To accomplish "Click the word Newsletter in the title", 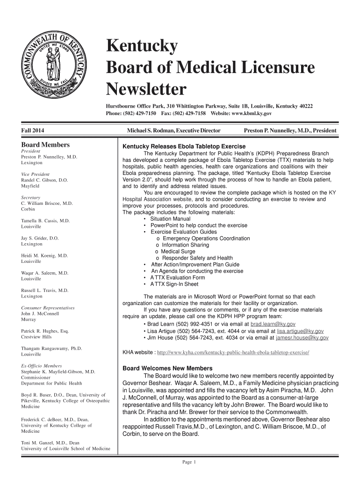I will [146, 88].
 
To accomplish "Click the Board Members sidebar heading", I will [45, 145].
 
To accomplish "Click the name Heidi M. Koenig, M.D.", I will [45, 256].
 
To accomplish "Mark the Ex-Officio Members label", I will [42, 366].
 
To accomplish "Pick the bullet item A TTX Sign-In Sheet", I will [174, 284].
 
